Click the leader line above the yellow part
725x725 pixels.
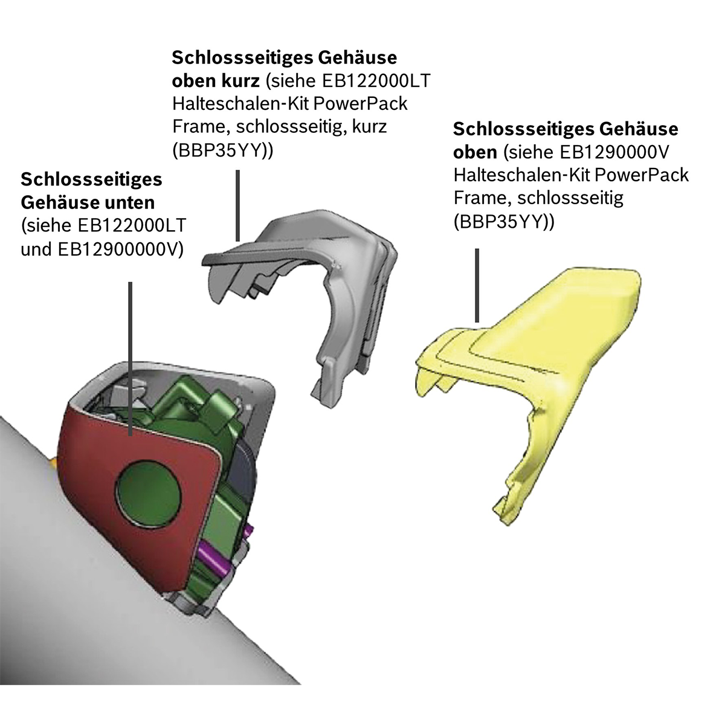pyautogui.click(x=477, y=284)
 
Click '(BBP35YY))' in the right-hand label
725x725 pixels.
pyautogui.click(x=503, y=222)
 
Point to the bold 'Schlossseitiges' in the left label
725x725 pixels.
pyautogui.click(x=91, y=179)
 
